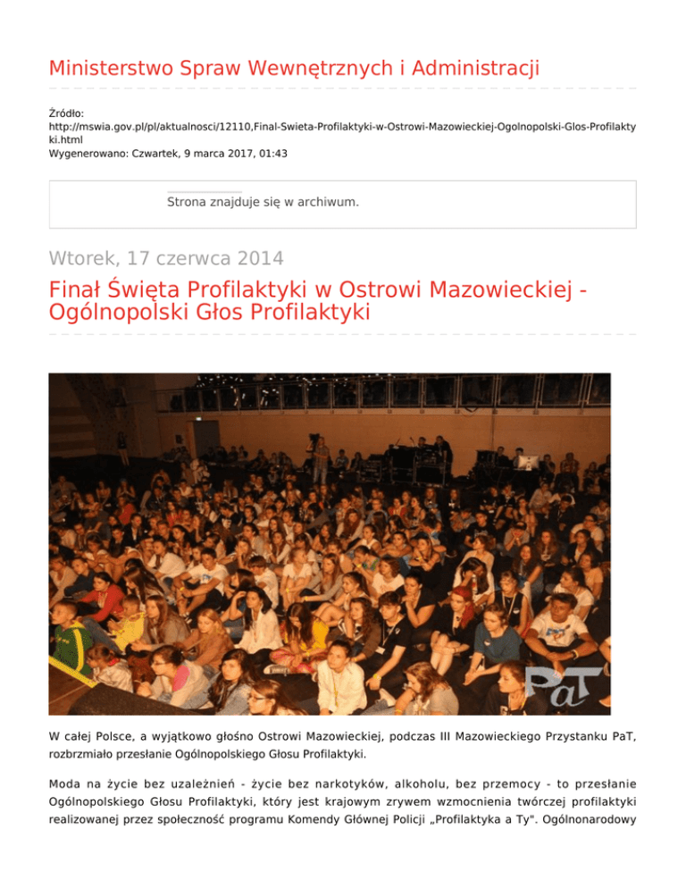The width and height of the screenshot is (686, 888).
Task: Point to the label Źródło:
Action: (66, 113)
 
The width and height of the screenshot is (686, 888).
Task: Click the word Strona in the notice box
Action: (188, 203)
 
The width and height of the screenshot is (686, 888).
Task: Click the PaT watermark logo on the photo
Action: (562, 683)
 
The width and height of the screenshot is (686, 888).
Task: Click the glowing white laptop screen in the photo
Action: (528, 463)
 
